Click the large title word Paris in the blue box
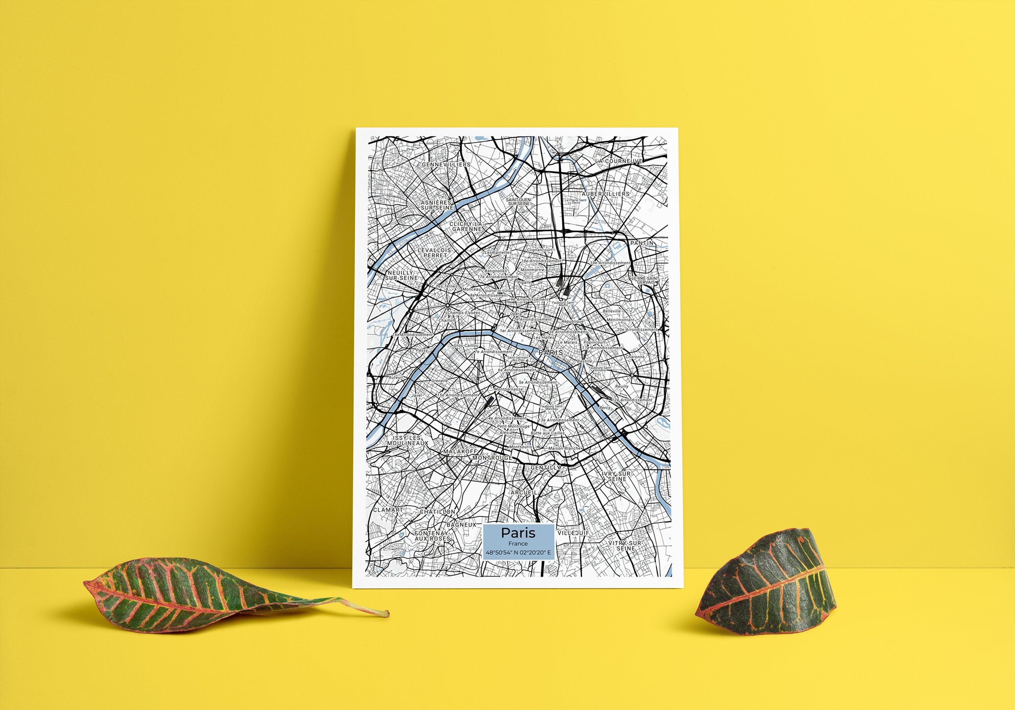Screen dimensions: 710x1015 518,532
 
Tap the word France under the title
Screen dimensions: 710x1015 518,543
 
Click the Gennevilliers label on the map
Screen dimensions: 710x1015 446,164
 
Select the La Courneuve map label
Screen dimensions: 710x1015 618,161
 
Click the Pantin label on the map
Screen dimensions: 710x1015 642,243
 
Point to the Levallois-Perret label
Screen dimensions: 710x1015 434,253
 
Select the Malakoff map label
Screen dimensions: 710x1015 460,452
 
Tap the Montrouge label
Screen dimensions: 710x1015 492,458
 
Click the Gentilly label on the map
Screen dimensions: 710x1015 545,468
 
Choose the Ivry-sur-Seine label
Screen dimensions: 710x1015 617,476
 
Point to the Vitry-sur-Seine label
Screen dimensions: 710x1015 626,546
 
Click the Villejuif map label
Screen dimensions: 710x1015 573,533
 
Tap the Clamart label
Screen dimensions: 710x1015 388,510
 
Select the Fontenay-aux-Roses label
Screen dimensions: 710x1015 432,536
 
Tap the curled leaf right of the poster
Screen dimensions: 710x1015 765,583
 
